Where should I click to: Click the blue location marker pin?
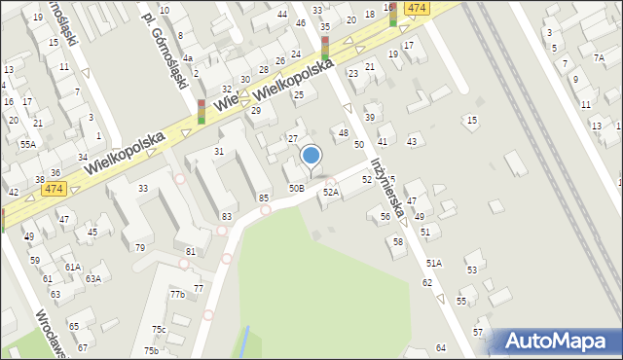click(311, 156)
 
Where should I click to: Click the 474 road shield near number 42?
click(54, 188)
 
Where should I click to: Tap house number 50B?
click(296, 188)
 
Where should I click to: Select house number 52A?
click(331, 193)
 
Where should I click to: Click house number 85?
click(264, 198)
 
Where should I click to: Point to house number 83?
click(227, 216)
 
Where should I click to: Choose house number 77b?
click(177, 294)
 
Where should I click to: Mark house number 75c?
click(159, 330)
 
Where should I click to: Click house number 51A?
click(432, 263)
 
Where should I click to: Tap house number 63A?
click(92, 278)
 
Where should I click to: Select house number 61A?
click(72, 267)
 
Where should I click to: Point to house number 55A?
click(27, 144)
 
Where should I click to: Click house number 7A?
click(598, 57)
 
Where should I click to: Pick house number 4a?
click(188, 58)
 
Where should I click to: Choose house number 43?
click(412, 142)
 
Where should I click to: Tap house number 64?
click(441, 347)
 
